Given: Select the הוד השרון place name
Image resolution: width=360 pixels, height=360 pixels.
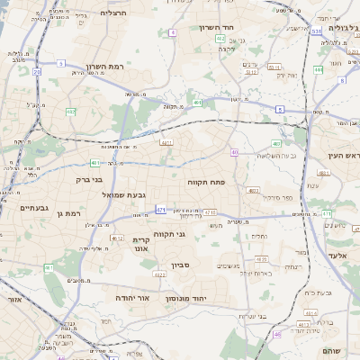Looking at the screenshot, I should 217,28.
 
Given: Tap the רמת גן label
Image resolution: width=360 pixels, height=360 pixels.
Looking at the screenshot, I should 67,213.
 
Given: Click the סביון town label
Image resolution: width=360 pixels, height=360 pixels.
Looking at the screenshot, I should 181,265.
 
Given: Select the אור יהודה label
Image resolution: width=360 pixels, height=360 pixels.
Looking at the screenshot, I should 130,297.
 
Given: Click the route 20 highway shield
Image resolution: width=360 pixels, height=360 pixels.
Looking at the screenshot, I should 37,71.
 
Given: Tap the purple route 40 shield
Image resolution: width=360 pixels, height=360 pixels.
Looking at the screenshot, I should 234,153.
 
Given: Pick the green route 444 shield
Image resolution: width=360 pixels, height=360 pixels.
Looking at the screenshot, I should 318,69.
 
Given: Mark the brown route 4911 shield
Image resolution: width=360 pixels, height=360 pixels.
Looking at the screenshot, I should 166,142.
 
